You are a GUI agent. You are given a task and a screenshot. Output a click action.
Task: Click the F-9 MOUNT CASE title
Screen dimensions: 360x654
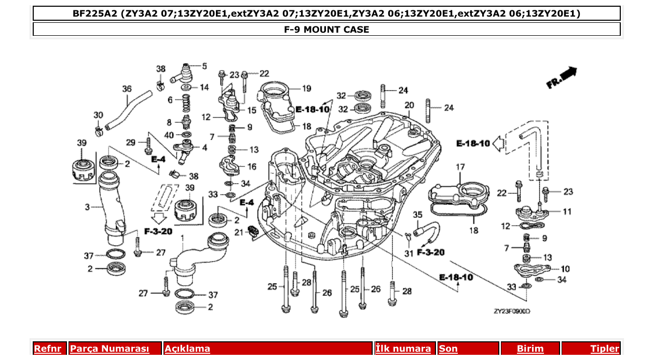326,30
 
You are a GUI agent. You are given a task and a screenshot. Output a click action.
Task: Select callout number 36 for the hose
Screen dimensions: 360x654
127,89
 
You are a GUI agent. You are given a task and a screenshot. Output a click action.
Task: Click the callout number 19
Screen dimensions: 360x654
306,89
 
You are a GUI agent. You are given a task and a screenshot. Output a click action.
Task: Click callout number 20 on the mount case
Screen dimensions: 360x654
410,105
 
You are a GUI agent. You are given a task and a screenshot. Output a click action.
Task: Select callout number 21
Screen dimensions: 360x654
238,232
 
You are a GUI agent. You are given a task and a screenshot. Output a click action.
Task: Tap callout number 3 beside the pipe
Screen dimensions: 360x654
87,207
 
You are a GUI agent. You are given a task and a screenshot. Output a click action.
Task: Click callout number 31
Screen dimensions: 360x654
408,253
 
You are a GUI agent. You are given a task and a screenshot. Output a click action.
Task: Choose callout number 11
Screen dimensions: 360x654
567,212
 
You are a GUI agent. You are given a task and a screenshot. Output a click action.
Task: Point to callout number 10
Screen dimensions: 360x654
565,269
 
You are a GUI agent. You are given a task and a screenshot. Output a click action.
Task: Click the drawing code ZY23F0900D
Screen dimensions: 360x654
512,312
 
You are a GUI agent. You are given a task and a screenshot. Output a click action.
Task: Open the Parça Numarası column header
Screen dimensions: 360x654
110,349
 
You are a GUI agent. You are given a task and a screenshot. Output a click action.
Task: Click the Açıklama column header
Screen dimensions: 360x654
187,349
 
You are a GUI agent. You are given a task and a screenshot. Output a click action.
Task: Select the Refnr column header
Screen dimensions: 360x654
48,349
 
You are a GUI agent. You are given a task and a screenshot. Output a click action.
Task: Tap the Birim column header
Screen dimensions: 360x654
530,349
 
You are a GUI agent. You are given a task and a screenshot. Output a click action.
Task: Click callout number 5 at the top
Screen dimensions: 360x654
204,66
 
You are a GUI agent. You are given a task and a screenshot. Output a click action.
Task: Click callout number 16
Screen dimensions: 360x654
251,167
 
